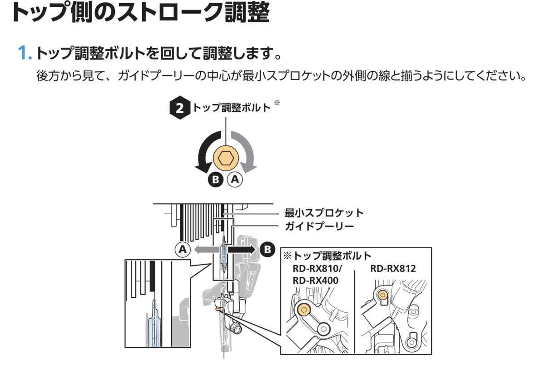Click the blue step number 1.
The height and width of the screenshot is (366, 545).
25,53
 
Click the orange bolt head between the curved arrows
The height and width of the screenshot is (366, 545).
226,159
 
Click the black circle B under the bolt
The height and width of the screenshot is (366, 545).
216,180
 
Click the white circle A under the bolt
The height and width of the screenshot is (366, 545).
235,180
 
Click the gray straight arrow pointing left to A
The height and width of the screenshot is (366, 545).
204,249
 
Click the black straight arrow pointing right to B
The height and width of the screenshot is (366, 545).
243,249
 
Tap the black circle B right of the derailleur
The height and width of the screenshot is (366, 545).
268,249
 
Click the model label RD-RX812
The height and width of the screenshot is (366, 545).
393,268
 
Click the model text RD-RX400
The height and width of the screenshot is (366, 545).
315,281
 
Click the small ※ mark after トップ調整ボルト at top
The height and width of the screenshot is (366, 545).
277,103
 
